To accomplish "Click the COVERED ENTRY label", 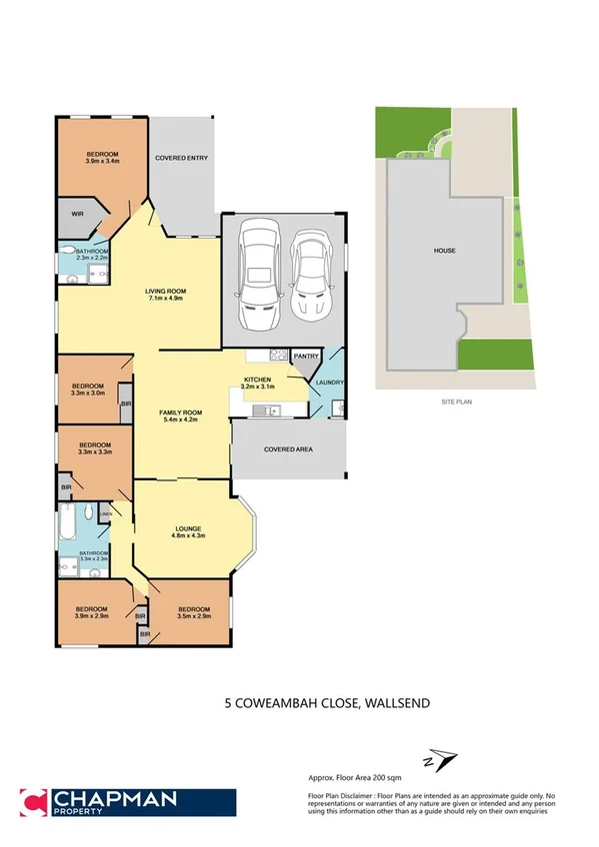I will coord(181,158).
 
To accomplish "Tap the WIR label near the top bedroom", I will coord(76,214).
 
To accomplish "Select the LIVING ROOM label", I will coord(167,291).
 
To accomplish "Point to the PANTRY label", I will coord(307,357).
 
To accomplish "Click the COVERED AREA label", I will coord(288,449).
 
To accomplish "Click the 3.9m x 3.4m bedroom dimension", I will coord(102,161).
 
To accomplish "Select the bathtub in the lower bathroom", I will coord(66,520).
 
